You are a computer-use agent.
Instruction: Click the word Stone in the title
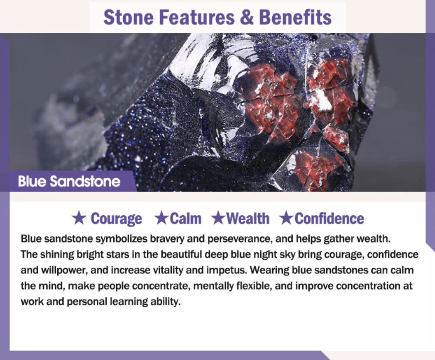(128, 17)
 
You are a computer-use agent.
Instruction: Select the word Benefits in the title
(295, 17)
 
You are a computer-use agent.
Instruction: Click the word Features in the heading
(197, 17)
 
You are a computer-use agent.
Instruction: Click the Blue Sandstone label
(69, 182)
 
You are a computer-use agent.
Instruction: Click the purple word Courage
(116, 219)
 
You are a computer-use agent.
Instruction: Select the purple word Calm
(185, 219)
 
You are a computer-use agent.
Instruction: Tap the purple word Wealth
(248, 219)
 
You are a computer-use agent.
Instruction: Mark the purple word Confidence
(329, 219)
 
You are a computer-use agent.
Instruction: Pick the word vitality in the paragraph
(167, 270)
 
